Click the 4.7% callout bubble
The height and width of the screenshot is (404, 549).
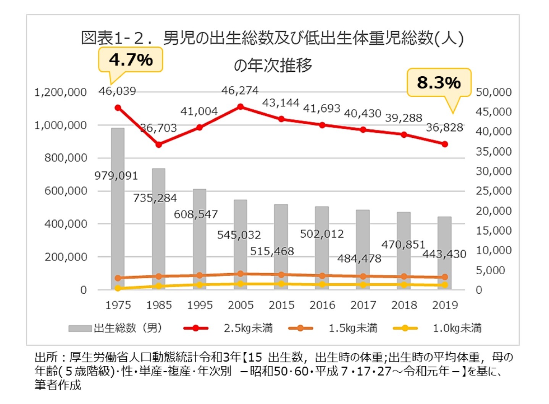131,60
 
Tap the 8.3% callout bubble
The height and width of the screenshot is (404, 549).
439,82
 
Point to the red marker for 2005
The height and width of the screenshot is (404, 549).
241,107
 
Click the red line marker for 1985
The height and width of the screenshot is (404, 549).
159,145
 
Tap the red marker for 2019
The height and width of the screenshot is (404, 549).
445,144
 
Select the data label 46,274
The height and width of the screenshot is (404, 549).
240,91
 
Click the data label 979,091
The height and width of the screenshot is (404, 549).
116,176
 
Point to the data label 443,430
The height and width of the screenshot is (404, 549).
444,254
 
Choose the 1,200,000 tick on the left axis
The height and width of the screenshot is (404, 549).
60,92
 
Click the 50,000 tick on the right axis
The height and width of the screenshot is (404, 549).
493,92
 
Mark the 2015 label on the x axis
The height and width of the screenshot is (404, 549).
281,305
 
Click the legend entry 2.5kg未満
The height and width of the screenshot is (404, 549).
248,328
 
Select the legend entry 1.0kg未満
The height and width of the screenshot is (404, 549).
457,328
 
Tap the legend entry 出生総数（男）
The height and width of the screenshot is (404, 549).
128,328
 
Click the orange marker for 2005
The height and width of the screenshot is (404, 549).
241,274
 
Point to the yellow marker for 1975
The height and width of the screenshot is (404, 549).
118,288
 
